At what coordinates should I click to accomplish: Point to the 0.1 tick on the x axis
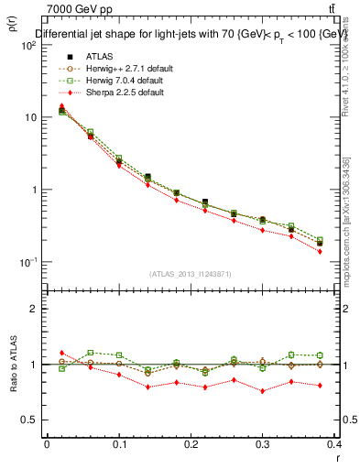coord(119,444)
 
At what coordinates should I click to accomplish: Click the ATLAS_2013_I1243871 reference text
coord(191,274)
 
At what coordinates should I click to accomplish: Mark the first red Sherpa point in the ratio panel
coord(61,353)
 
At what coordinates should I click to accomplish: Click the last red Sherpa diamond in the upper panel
coord(320,251)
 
